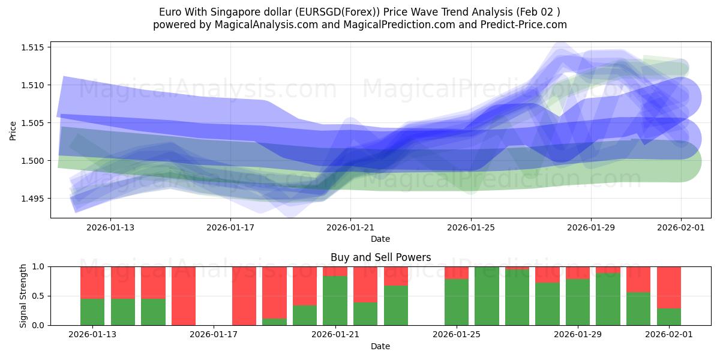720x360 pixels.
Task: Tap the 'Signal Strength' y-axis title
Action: pos(23,296)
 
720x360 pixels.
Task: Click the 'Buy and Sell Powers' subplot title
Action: pos(380,257)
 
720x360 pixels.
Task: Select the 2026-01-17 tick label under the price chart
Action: pos(230,228)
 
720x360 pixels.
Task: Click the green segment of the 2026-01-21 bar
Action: pos(335,300)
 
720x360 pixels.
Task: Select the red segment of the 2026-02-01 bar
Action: pos(668,287)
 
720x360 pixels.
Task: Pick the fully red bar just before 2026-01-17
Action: pos(184,296)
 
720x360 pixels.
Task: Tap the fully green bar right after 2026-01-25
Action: pos(487,296)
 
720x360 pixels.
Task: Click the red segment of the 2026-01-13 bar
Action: pos(92,282)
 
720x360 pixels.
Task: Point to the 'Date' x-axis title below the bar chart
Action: pos(380,346)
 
